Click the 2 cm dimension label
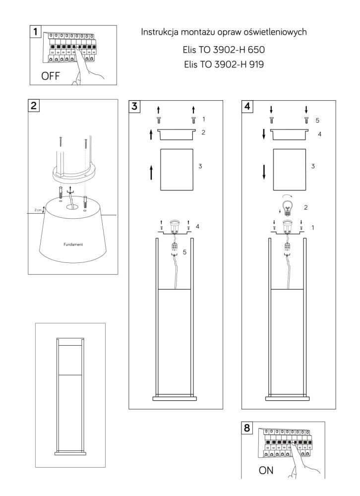tap(38, 210)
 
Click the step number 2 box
tap(35, 105)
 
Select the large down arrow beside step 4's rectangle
tap(264, 171)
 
